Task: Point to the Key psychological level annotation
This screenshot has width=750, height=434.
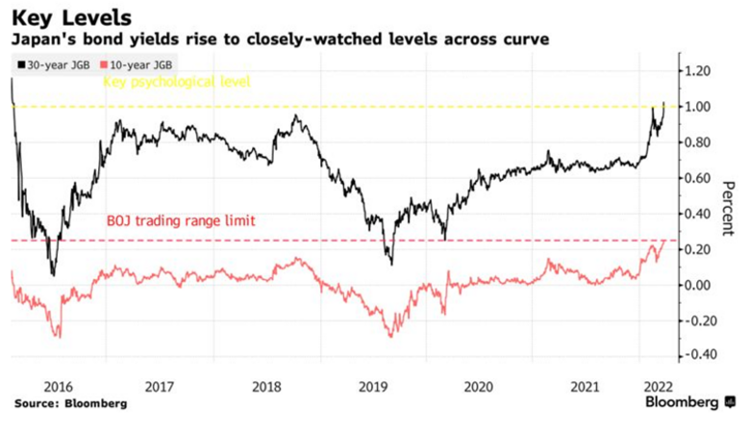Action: pyautogui.click(x=177, y=83)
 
